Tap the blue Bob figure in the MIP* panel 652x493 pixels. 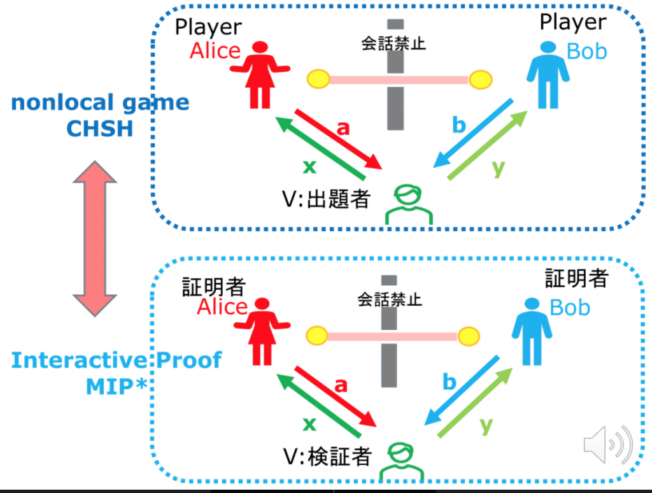pyautogui.click(x=532, y=332)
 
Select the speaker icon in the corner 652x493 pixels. pyautogui.click(x=607, y=444)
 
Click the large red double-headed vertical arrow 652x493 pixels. pyautogui.click(x=94, y=238)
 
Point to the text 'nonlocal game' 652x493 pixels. pyautogui.click(x=100, y=102)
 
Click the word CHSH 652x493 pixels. pyautogui.click(x=99, y=129)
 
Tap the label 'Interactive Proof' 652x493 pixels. pyautogui.click(x=116, y=360)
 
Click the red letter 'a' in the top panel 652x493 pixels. pyautogui.click(x=343, y=128)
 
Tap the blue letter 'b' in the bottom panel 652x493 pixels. pyautogui.click(x=450, y=383)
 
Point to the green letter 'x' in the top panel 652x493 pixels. pyautogui.click(x=309, y=167)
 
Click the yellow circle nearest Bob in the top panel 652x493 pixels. pyautogui.click(x=481, y=80)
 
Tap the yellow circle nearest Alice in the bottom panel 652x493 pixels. pyautogui.click(x=316, y=334)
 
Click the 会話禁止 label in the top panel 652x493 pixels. pyautogui.click(x=393, y=44)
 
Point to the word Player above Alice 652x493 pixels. pyautogui.click(x=208, y=27)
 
